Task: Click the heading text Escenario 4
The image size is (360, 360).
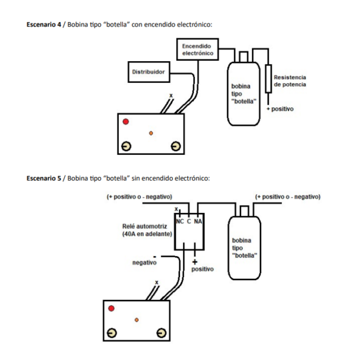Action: tap(44, 25)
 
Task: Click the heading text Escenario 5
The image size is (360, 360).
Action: tap(44, 178)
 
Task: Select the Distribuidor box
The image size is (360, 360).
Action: tap(148, 73)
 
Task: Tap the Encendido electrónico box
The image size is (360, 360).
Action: tap(197, 50)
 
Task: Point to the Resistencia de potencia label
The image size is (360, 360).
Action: tap(290, 81)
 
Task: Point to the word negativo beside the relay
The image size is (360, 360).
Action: tap(145, 262)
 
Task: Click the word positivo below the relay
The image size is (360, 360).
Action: tap(202, 269)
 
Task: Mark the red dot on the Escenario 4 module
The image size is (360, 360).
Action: tap(125, 122)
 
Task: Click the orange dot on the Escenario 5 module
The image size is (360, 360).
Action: tap(137, 320)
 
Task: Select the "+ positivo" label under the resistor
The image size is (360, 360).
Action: tap(281, 110)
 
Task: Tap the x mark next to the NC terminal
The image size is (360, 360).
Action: tap(176, 209)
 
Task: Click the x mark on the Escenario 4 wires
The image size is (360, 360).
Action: tap(171, 95)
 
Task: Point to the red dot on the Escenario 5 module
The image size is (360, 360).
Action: tap(111, 308)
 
